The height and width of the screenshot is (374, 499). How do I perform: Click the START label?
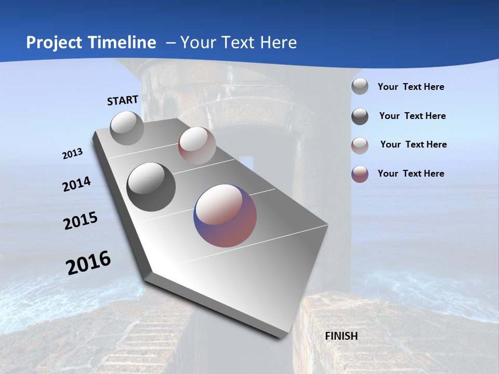123,100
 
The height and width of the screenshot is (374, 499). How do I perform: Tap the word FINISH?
341,336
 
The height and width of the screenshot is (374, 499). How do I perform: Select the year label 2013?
73,154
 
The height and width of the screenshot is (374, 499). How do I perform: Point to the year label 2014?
77,184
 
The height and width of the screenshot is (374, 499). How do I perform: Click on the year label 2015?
81,221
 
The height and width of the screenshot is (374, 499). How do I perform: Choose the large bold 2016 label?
88,263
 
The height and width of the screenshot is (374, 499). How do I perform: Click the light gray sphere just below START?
127,128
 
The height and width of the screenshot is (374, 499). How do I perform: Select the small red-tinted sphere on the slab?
197,145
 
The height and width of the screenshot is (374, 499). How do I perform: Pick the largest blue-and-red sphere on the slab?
225,216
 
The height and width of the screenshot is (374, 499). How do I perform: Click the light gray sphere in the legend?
360,87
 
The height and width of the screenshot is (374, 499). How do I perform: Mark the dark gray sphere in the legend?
360,116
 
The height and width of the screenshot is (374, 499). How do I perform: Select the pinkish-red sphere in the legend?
360,145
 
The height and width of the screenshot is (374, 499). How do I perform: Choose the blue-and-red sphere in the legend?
360,174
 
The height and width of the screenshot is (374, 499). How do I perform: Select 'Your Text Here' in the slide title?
239,43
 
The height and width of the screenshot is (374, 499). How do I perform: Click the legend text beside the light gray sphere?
411,87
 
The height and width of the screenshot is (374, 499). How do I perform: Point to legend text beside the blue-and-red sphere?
411,173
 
